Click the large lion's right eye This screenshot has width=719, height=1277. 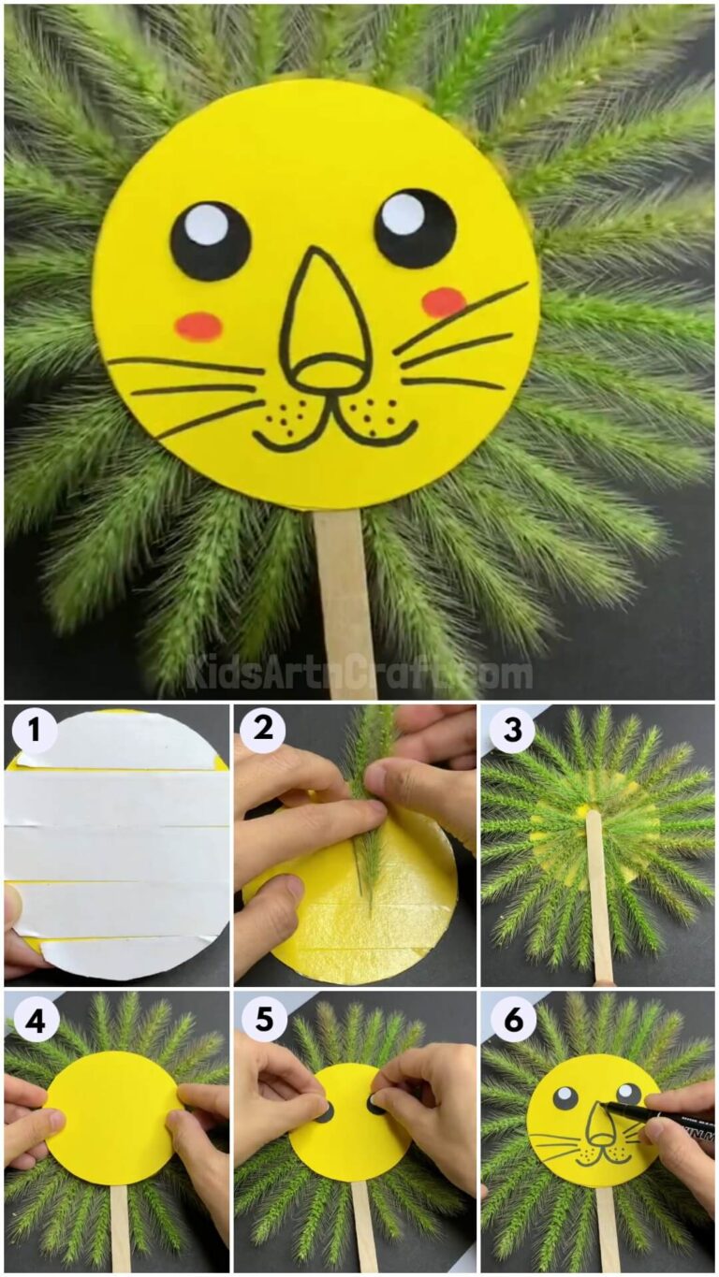pyautogui.click(x=415, y=228)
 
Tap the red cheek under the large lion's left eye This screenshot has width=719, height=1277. pyautogui.click(x=198, y=327)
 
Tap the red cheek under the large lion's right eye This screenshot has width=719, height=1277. pyautogui.click(x=443, y=302)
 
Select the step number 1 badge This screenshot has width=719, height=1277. pyautogui.click(x=35, y=731)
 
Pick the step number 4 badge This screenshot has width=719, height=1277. pyautogui.click(x=35, y=1022)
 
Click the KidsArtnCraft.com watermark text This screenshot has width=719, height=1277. pyautogui.click(x=359, y=673)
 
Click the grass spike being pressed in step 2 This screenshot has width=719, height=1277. pyautogui.click(x=370, y=795)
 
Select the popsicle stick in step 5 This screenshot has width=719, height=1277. pyautogui.click(x=364, y=1226)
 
